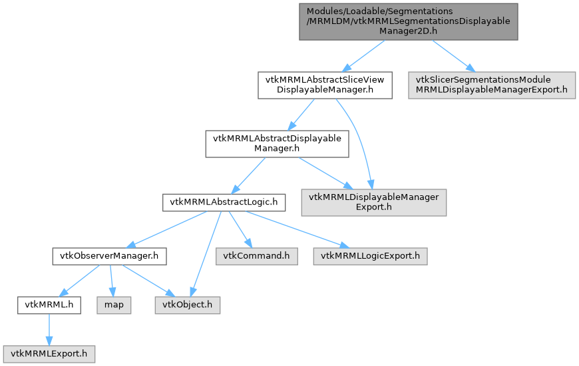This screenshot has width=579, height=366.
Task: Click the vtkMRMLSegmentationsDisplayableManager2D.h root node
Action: [x=408, y=21]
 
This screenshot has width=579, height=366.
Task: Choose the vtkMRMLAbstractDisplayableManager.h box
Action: [x=277, y=143]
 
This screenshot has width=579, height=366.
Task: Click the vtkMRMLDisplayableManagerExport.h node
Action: [x=373, y=202]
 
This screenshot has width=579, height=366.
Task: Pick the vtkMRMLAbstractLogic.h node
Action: [x=224, y=202]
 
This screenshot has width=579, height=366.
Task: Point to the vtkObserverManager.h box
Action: [x=109, y=255]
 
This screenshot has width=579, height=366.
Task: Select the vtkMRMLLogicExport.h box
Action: [x=371, y=255]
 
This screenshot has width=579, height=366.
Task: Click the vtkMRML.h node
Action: [x=49, y=305]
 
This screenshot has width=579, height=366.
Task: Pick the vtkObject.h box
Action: [x=187, y=305]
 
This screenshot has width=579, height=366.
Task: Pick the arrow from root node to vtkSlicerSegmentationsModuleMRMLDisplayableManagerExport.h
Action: [x=451, y=55]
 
